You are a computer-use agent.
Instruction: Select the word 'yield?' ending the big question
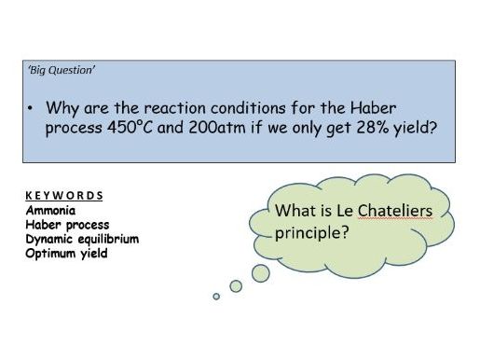click(413, 128)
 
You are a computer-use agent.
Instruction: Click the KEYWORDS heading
click(64, 196)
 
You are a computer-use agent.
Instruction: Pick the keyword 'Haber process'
click(67, 225)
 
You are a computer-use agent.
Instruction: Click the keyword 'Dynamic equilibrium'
click(82, 239)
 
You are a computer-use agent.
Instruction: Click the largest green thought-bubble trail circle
click(260, 272)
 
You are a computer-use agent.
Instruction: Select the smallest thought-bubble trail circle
click(216, 297)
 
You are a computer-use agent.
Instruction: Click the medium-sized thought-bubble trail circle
click(236, 284)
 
